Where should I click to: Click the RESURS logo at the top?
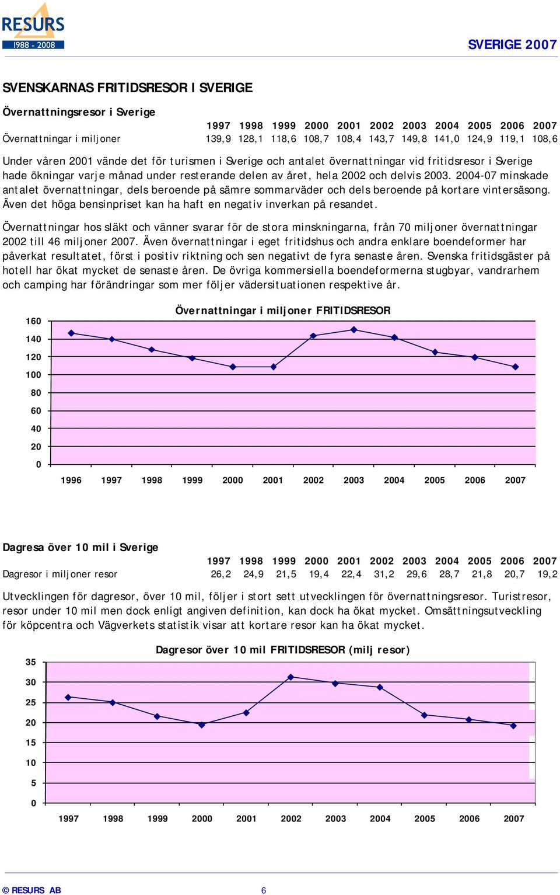[x=33, y=26]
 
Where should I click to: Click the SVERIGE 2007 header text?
[x=512, y=44]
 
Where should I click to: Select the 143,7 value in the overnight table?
[x=382, y=138]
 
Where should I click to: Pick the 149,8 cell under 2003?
[x=415, y=138]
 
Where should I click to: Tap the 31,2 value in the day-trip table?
[x=384, y=574]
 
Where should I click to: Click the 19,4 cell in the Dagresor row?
[x=318, y=574]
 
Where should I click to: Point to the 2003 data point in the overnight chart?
[x=353, y=330]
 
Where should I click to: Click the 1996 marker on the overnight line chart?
[x=71, y=333]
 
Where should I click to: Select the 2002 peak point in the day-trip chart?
[x=290, y=677]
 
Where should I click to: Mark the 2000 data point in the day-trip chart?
[x=202, y=725]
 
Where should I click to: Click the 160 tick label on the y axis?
[x=33, y=321]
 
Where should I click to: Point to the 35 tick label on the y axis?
[x=31, y=662]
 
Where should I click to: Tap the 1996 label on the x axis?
[x=71, y=480]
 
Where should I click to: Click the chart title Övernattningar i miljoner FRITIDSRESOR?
[x=282, y=311]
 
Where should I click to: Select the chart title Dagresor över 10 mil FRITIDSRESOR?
[x=282, y=650]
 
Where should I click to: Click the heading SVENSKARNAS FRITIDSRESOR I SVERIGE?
[x=127, y=88]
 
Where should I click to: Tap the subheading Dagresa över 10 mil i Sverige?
[x=80, y=547]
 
